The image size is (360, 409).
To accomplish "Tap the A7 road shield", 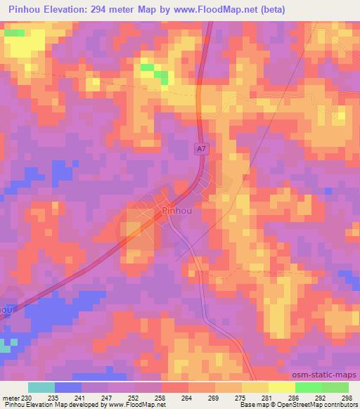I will (x=201, y=149).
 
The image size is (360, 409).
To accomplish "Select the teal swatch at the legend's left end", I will (x=41, y=387).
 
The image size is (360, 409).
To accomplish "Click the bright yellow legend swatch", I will (x=281, y=387).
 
